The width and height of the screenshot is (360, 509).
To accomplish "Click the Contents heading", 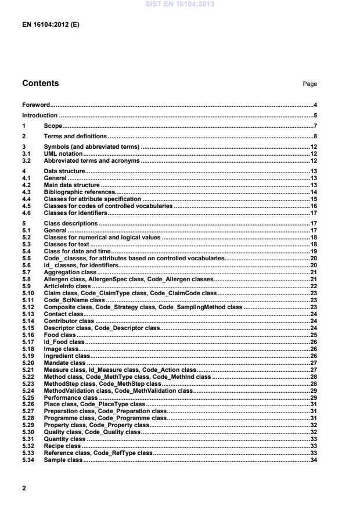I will (40, 84).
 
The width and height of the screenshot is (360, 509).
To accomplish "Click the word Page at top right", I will (309, 84).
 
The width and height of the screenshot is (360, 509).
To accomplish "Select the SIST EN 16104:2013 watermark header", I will (179, 4).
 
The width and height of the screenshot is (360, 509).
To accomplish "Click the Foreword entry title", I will (35, 105).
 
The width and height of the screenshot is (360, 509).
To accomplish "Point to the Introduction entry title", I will (39, 115).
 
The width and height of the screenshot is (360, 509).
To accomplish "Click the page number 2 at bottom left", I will (24, 488).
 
